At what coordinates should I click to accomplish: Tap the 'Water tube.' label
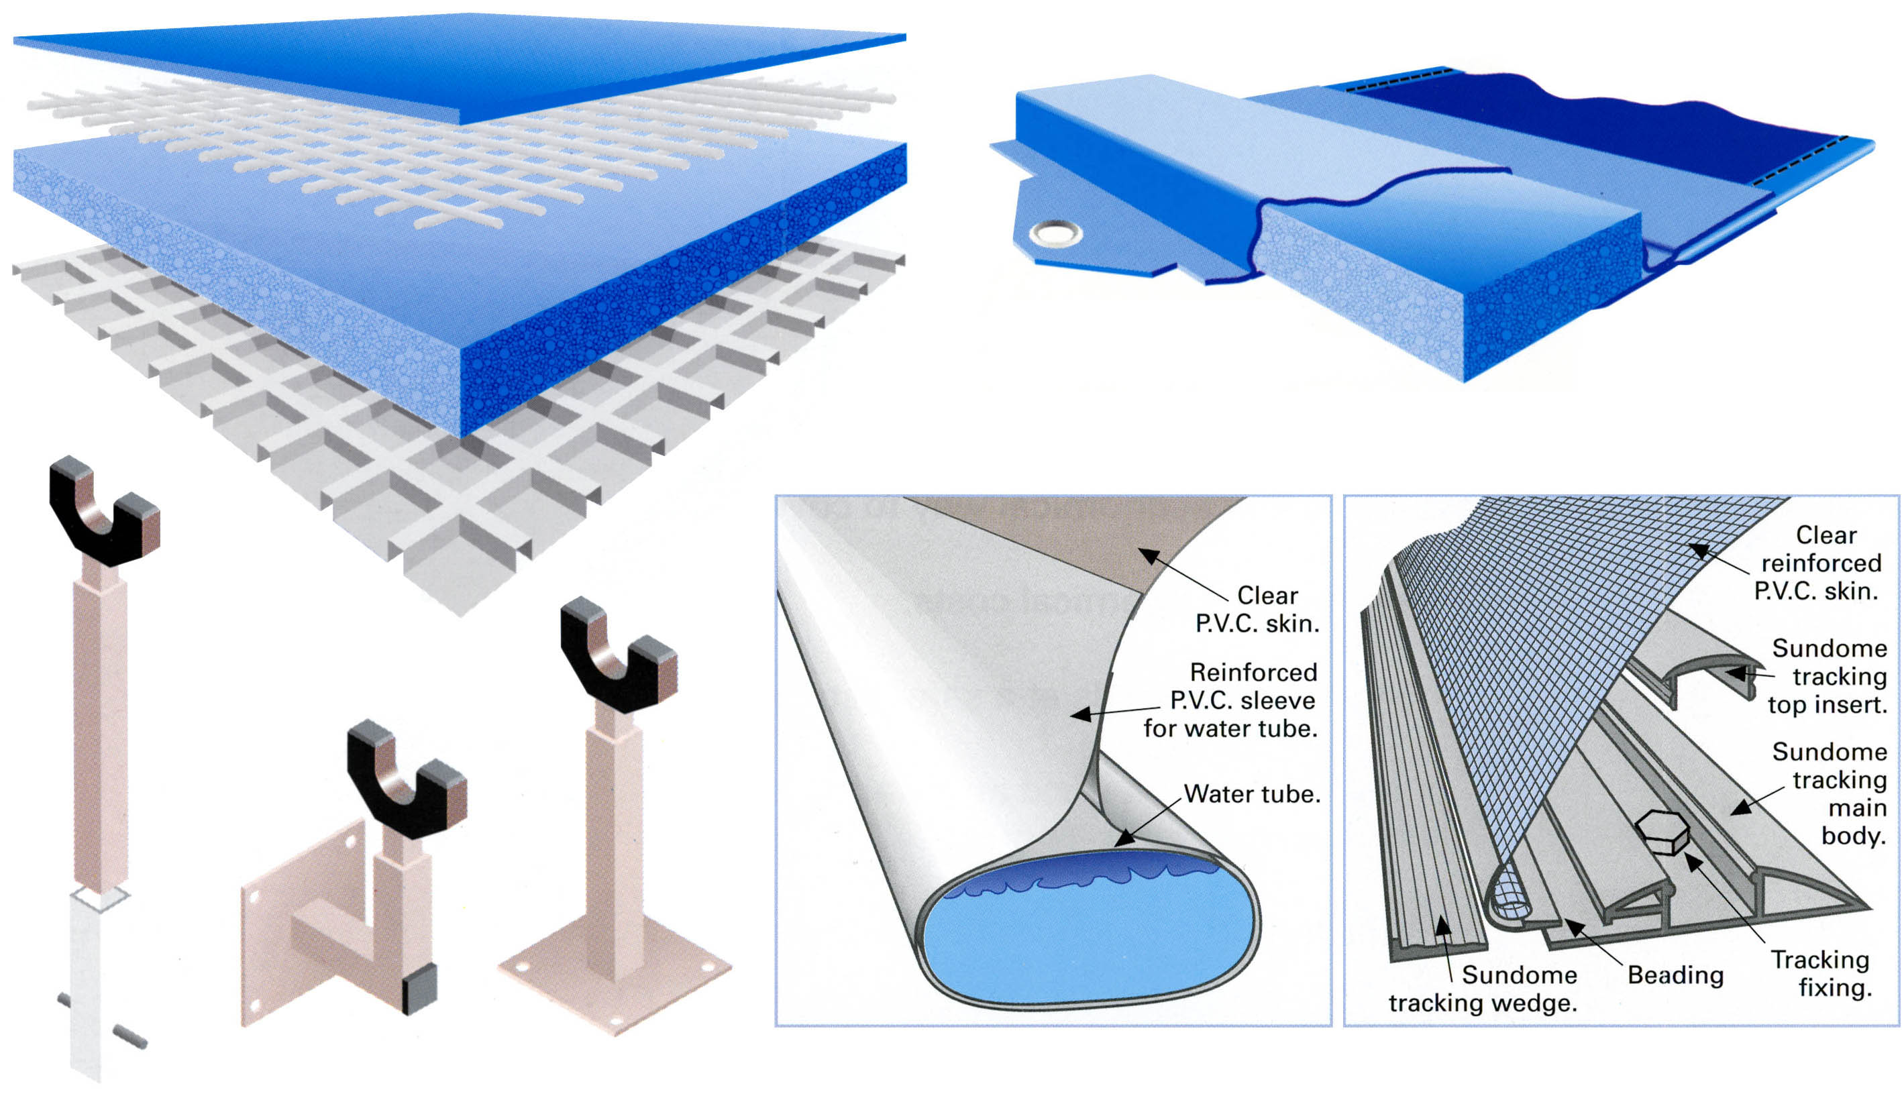click(x=1252, y=793)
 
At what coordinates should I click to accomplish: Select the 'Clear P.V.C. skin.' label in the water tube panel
click(x=1257, y=610)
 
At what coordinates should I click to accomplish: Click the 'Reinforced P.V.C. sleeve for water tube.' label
click(x=1231, y=700)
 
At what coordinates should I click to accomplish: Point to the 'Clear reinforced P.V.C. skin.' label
click(x=1819, y=563)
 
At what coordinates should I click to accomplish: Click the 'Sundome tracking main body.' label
click(x=1830, y=793)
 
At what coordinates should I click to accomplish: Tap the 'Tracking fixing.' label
click(x=1821, y=973)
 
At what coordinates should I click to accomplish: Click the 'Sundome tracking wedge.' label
click(x=1483, y=989)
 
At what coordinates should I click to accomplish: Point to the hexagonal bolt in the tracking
click(x=1662, y=833)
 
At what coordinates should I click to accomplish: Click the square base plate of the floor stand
click(x=615, y=981)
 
